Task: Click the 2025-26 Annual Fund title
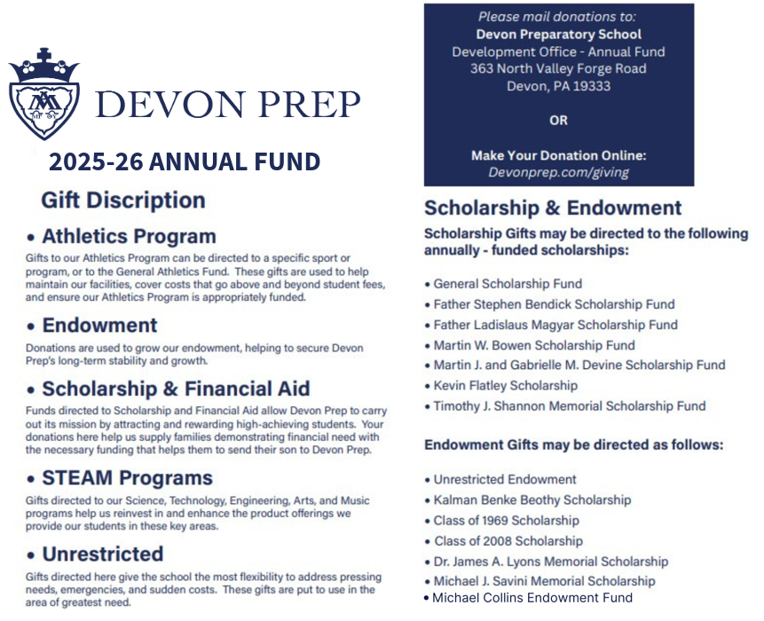pyautogui.click(x=185, y=161)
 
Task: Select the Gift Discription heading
pyautogui.click(x=123, y=200)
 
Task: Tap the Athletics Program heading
pyautogui.click(x=129, y=237)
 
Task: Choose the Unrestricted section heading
pyautogui.click(x=102, y=554)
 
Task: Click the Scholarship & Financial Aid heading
pyautogui.click(x=176, y=389)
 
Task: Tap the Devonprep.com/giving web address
pyautogui.click(x=558, y=172)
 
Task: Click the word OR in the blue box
pyautogui.click(x=558, y=120)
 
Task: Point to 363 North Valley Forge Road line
pyautogui.click(x=558, y=68)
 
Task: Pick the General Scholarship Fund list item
pyautogui.click(x=508, y=284)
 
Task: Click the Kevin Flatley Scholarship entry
pyautogui.click(x=505, y=386)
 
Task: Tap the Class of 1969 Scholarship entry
pyautogui.click(x=506, y=521)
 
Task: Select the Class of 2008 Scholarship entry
pyautogui.click(x=508, y=541)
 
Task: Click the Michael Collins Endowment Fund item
pyautogui.click(x=532, y=598)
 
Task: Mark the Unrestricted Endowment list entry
pyautogui.click(x=505, y=480)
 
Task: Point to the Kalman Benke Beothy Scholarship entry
pyautogui.click(x=532, y=500)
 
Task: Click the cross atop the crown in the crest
pyautogui.click(x=43, y=55)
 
